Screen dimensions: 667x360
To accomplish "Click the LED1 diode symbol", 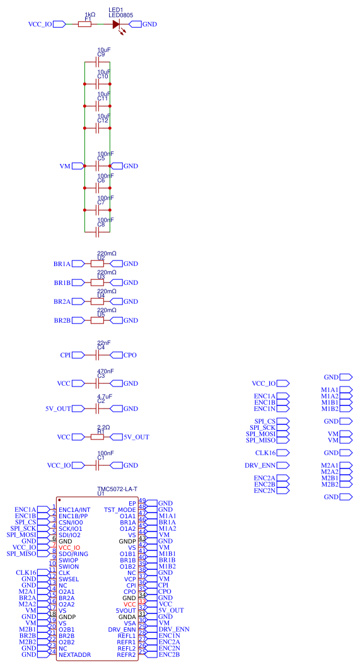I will coord(116,25).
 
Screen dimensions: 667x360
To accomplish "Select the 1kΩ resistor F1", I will coord(84,25).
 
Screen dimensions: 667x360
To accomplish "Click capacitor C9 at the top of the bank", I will coord(97,62).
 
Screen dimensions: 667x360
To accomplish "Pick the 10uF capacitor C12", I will coord(97,128).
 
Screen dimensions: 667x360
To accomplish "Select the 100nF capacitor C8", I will coord(97,232).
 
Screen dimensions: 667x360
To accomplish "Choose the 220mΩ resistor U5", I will coord(97,320).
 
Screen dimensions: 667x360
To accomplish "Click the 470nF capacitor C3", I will coord(97,383).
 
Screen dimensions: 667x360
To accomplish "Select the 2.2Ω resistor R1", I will coord(97,437).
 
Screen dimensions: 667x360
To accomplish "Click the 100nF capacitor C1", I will coord(97,465).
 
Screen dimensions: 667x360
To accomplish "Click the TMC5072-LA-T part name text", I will coord(117,489).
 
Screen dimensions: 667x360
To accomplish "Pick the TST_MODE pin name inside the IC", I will coord(120,509).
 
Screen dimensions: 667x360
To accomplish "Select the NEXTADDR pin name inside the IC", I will coord(74,654).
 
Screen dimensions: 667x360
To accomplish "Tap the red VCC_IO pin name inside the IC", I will coord(69,547).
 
